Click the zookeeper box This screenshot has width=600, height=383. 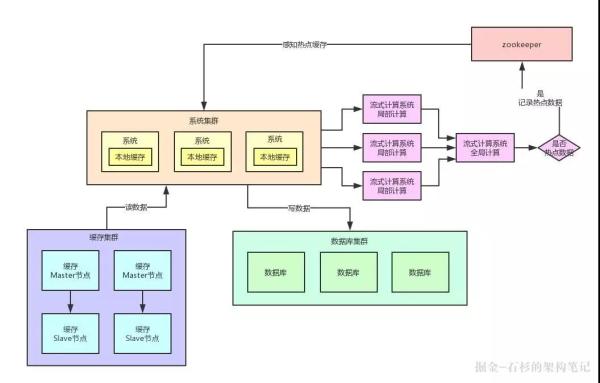[x=521, y=45]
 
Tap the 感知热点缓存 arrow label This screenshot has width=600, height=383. [x=304, y=45]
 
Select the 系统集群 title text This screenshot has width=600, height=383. [x=204, y=121]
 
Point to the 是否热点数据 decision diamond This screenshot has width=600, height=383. [x=558, y=148]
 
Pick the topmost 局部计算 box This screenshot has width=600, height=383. [x=391, y=110]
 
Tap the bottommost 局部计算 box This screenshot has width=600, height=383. [x=391, y=186]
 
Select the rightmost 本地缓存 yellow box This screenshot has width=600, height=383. [x=273, y=158]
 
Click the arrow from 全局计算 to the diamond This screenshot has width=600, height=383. [x=529, y=148]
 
